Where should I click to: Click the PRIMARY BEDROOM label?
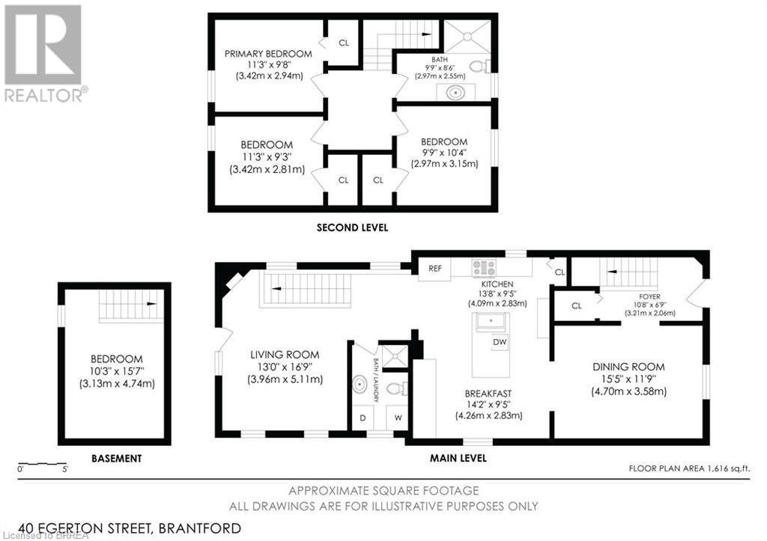pyautogui.click(x=268, y=54)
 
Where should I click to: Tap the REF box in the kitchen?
pyautogui.click(x=434, y=269)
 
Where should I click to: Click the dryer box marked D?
pyautogui.click(x=363, y=418)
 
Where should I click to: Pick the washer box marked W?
pyautogui.click(x=397, y=418)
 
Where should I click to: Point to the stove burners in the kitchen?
pyautogui.click(x=484, y=267)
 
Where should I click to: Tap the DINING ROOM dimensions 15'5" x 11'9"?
pyautogui.click(x=628, y=379)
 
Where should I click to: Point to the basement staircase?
pyautogui.click(x=131, y=305)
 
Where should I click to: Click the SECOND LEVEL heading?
pyautogui.click(x=352, y=227)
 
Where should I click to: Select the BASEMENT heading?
pyautogui.click(x=116, y=458)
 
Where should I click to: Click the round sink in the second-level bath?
pyautogui.click(x=455, y=93)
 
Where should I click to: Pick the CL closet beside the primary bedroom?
pyautogui.click(x=344, y=43)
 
